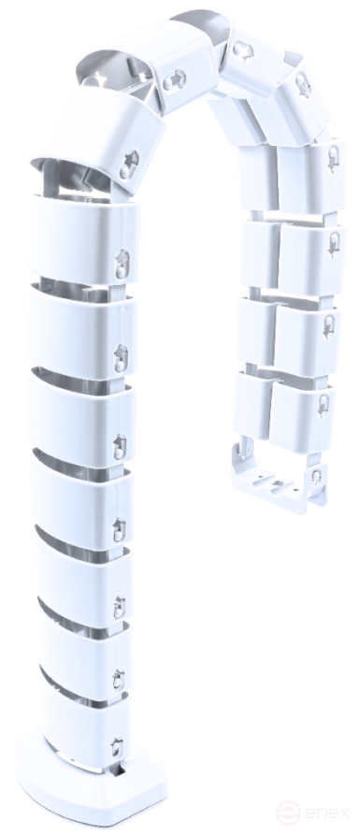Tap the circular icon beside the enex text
coord(288,813)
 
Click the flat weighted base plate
coord(91,783)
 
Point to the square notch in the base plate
coord(121,770)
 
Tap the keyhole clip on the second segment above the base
coord(118,680)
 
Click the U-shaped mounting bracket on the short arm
coord(276,480)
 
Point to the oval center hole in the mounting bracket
coord(277,484)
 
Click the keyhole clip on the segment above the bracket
coord(324,406)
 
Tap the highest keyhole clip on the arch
coord(243,52)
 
